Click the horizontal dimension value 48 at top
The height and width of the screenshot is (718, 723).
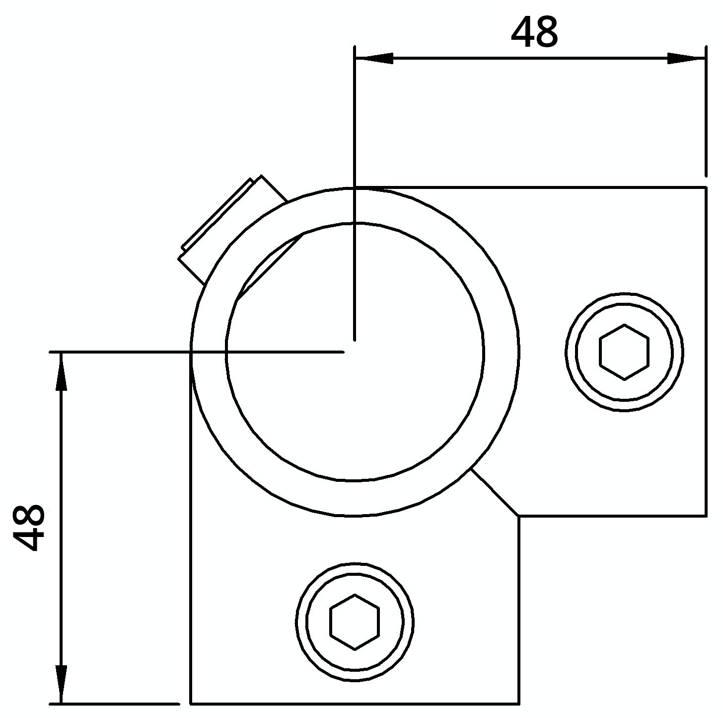click(x=534, y=33)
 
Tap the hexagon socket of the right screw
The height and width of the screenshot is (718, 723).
click(x=624, y=352)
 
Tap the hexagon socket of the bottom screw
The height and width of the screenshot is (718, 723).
click(x=355, y=622)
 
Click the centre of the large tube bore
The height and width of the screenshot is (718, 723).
click(x=355, y=352)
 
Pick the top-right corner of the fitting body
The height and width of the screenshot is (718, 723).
click(x=706, y=187)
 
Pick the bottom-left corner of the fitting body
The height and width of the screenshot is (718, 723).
click(x=191, y=703)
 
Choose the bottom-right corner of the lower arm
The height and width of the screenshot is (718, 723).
click(x=519, y=703)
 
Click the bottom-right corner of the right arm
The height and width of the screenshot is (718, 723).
click(x=706, y=516)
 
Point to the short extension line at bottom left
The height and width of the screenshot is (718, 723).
click(x=114, y=704)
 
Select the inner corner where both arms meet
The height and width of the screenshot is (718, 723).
click(x=519, y=516)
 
